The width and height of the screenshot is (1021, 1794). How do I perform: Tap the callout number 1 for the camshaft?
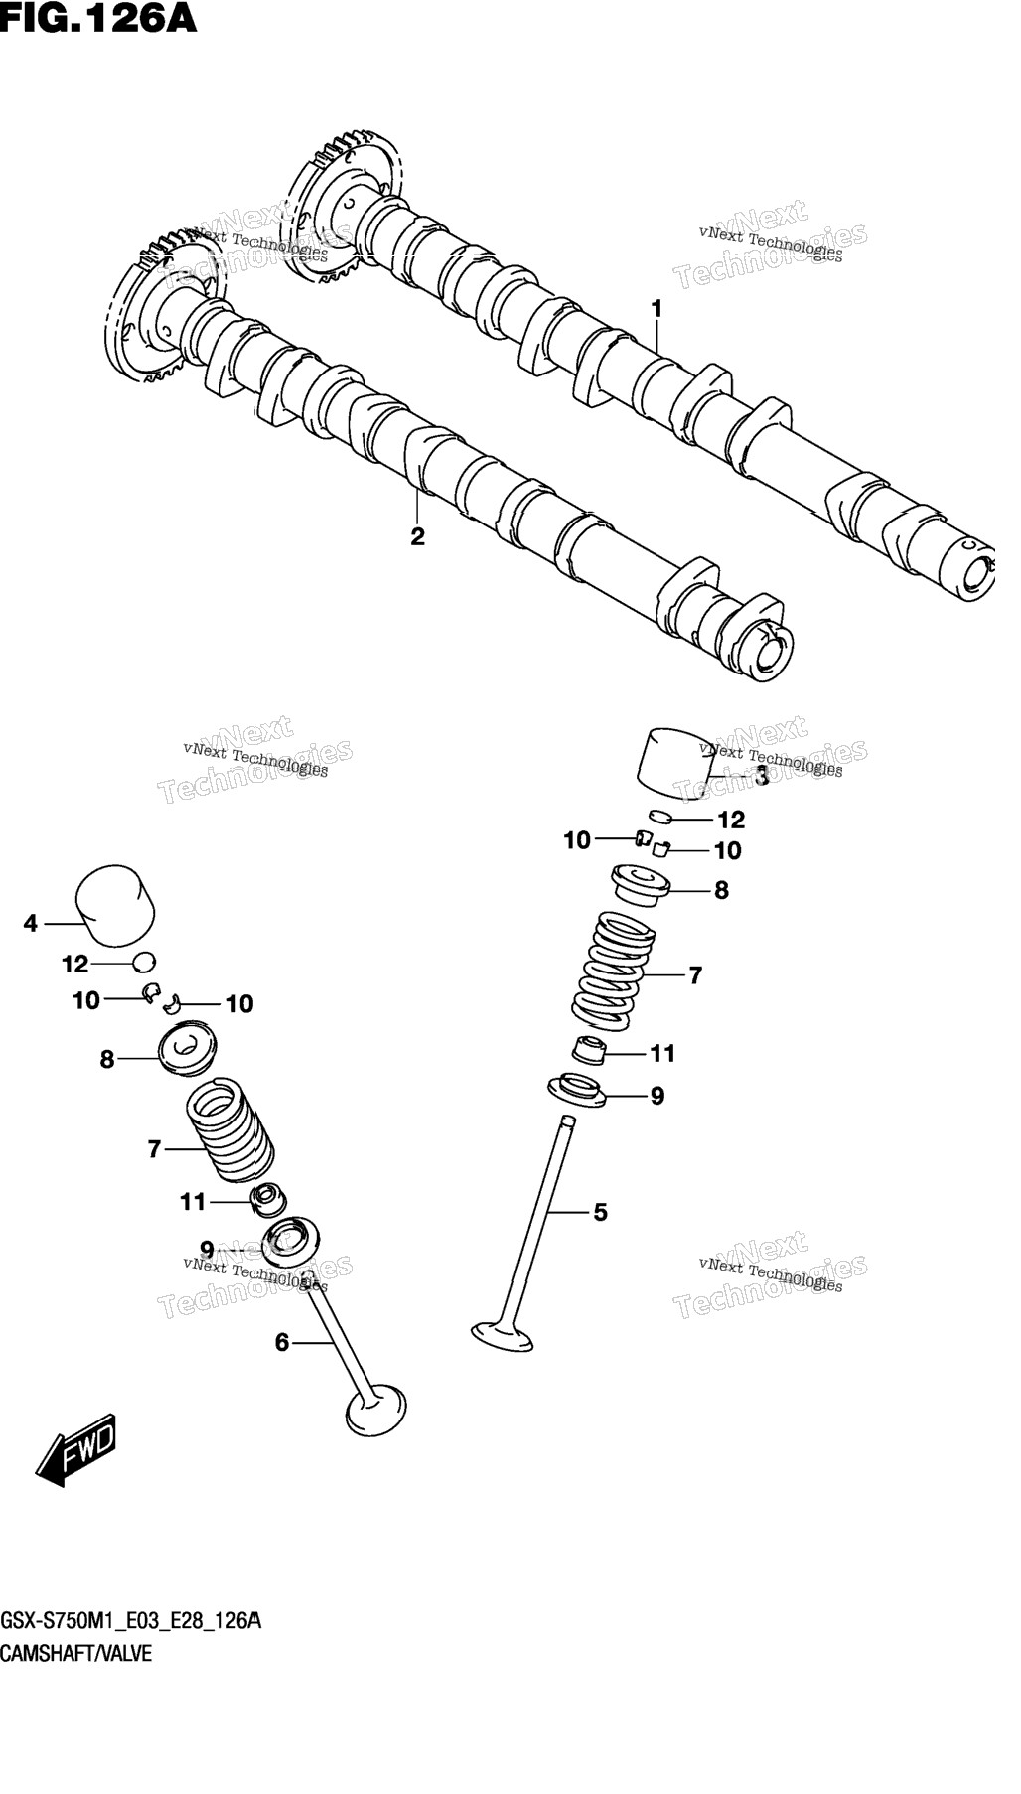point(656,309)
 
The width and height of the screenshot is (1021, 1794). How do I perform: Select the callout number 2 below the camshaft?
point(417,536)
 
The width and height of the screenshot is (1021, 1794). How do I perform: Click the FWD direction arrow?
point(76,1449)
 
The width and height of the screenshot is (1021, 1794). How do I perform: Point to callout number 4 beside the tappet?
point(31,924)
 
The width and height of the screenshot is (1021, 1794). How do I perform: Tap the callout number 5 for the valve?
point(600,1212)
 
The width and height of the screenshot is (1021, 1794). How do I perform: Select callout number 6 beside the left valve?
point(282,1343)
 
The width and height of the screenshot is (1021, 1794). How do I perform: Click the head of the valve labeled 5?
point(503,1335)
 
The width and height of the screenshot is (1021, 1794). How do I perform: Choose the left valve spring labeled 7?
point(230,1130)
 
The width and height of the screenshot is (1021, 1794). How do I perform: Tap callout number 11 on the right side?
point(662,1053)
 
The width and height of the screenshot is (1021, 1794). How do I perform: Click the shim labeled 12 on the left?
point(144,962)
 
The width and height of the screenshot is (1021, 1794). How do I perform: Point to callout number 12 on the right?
point(731,820)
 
